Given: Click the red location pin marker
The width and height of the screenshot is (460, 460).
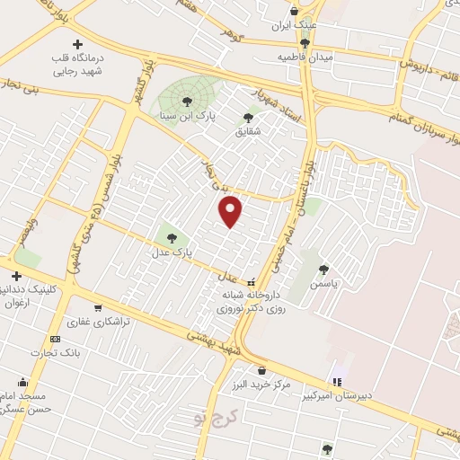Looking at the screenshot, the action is [x=232, y=211].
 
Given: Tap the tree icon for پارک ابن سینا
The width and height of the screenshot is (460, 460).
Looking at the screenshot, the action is [x=187, y=101].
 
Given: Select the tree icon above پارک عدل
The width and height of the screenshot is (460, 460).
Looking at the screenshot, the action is [x=171, y=238].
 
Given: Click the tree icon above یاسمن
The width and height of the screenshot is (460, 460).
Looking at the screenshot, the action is [x=323, y=268].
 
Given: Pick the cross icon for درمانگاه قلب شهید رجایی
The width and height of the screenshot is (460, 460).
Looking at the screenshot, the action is [x=77, y=44].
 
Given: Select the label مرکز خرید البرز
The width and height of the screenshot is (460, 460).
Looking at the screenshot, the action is [x=261, y=385].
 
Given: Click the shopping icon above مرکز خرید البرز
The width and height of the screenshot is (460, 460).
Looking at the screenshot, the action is [x=261, y=369].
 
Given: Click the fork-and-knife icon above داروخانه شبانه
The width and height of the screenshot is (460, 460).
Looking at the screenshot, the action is [x=252, y=279].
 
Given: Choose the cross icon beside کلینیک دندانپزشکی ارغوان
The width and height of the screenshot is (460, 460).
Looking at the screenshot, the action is [x=16, y=276].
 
